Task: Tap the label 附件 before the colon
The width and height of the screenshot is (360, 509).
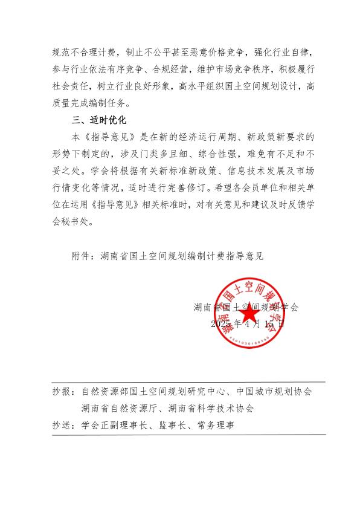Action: coord(81,255)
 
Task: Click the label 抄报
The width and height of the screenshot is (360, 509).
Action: coord(62,392)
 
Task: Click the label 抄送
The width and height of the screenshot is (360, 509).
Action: coord(62,426)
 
